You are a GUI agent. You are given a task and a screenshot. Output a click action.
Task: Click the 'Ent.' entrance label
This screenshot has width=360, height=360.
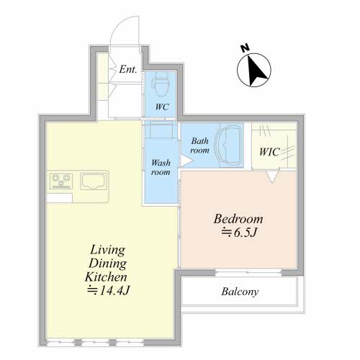[x=128, y=69]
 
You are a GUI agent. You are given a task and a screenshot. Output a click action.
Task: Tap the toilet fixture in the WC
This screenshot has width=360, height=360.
[x=161, y=84]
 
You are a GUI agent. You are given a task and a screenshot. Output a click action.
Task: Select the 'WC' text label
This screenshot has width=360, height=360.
[x=162, y=107]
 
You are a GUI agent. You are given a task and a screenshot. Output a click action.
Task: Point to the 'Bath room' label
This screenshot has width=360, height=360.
[x=199, y=145]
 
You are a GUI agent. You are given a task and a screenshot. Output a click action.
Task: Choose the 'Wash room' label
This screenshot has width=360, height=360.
[x=161, y=167]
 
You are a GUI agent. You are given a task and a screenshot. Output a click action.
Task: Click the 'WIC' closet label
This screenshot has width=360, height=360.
[x=269, y=152]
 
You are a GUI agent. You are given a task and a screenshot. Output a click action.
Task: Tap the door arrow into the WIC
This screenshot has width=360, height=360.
[x=272, y=176]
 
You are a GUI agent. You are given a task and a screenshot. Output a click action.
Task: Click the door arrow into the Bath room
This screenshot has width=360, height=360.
[x=186, y=161]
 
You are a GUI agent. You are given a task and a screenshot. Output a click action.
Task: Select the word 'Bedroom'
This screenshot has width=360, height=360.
[x=238, y=219]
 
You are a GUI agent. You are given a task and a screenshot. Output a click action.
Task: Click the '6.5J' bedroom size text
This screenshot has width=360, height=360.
[x=246, y=233]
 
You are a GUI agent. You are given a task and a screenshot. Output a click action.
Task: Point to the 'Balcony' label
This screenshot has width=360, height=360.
[x=240, y=292]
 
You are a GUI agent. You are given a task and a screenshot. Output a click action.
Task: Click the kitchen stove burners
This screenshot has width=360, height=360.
[x=61, y=181]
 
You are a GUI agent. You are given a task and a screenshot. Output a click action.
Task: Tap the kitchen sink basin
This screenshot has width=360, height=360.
[x=94, y=181]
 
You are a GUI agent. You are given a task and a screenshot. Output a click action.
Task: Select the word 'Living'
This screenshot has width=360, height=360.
[x=107, y=251]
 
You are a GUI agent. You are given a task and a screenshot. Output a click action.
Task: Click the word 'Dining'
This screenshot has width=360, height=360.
[x=107, y=264]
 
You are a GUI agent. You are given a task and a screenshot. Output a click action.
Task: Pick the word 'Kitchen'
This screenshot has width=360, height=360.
[x=106, y=277]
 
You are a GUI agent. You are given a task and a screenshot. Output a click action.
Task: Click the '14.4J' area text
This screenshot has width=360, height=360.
[x=114, y=291]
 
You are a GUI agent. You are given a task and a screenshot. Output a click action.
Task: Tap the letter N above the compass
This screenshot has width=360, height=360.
[x=245, y=48]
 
